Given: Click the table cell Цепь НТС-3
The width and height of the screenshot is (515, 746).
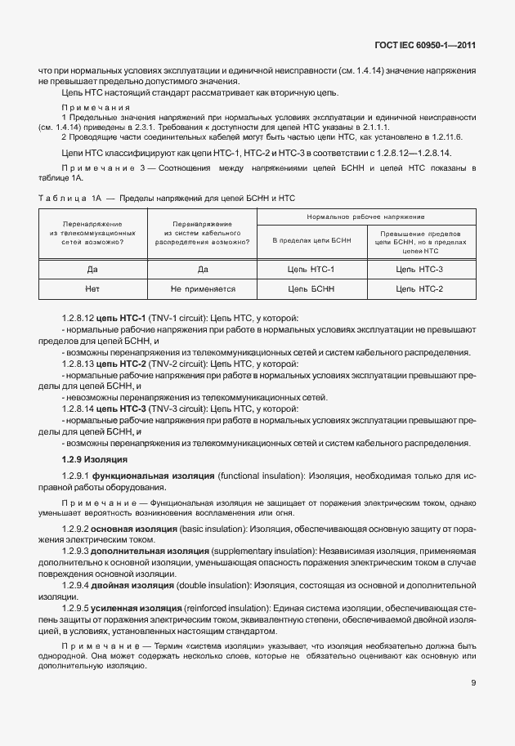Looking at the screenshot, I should click(419, 269).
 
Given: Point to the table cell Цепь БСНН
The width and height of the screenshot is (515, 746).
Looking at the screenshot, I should click(311, 288).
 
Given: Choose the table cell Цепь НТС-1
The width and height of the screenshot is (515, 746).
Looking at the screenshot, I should click(311, 269).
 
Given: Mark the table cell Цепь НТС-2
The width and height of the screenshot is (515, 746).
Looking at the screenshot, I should click(419, 288).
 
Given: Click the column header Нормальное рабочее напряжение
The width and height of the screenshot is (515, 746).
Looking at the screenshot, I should click(365, 217).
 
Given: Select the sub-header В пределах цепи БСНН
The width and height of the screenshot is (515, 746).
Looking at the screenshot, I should click(311, 241).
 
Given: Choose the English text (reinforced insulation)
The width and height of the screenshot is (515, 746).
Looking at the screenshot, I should click(218, 609).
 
